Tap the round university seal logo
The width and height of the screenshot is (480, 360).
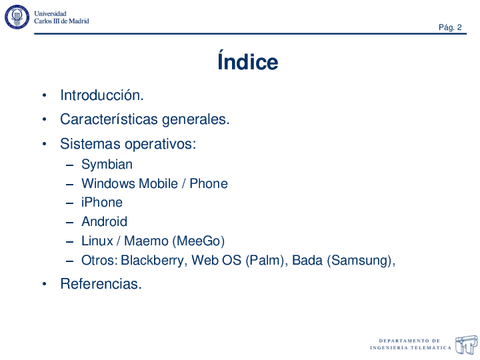pos(17,17)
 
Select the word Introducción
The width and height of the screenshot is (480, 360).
pos(102,96)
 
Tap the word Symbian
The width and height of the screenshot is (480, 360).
pos(107,164)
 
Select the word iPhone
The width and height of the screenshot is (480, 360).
pos(102,202)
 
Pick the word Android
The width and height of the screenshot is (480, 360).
pos(104,221)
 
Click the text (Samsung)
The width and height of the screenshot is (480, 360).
pos(361,260)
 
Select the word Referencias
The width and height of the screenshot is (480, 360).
pos(100,284)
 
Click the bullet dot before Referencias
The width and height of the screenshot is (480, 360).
pos(44,285)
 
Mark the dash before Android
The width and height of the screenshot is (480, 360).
pos(70,222)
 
